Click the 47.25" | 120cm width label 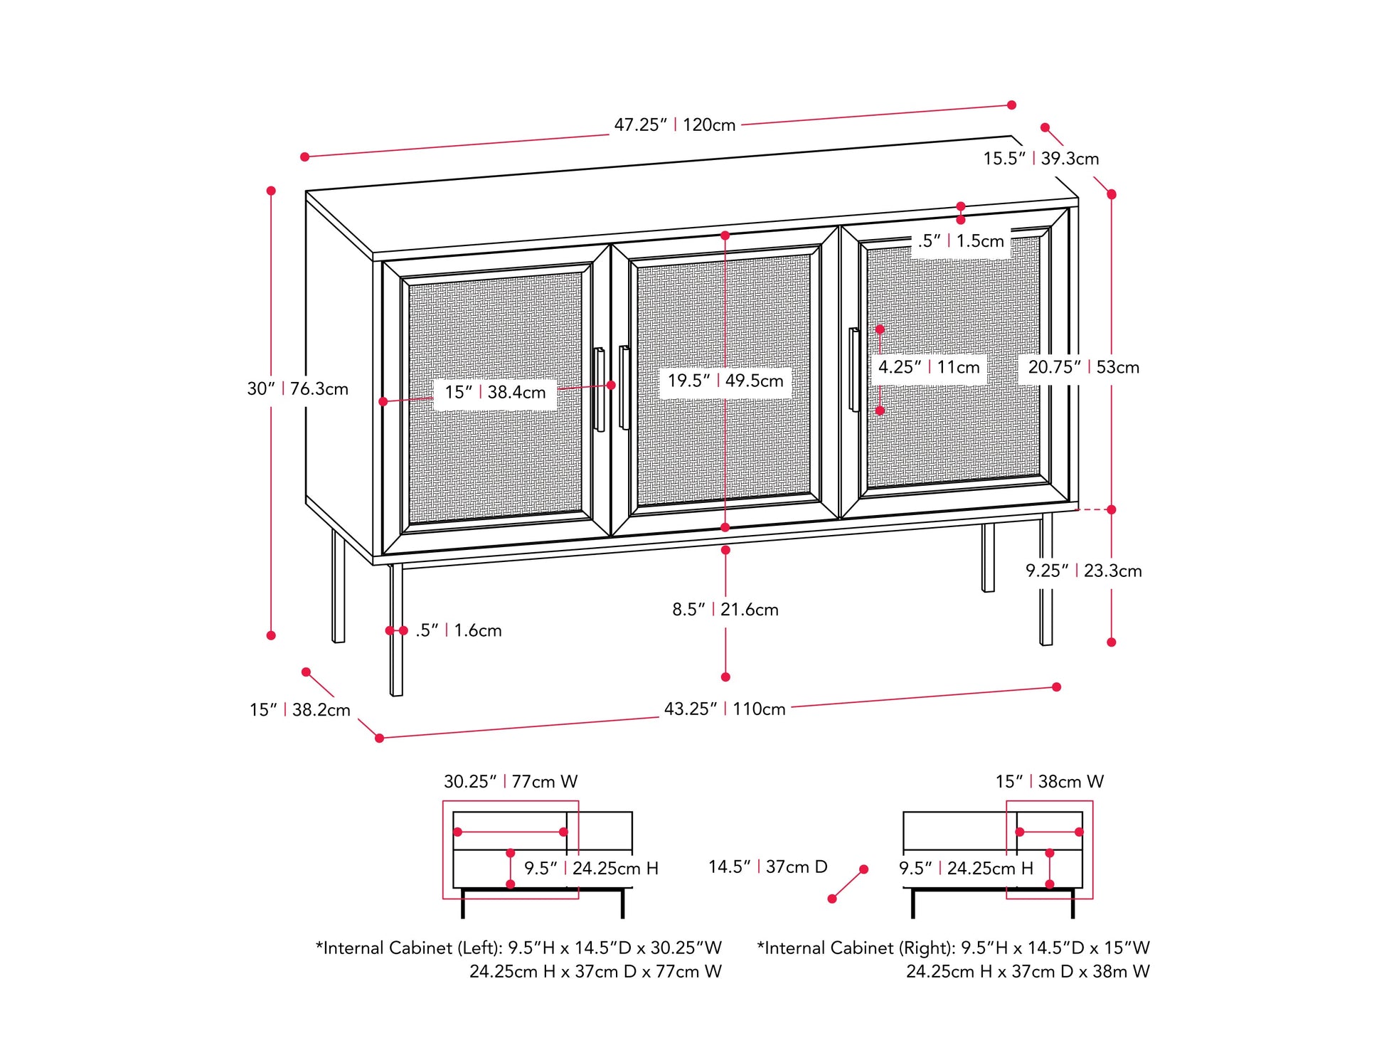(x=674, y=125)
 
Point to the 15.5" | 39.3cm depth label (x=1040, y=159)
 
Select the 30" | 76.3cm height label (x=297, y=389)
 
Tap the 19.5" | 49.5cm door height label (x=725, y=381)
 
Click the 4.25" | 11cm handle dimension (x=928, y=368)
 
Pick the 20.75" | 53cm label (x=1082, y=368)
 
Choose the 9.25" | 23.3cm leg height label (x=1082, y=571)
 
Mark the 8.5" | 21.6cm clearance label (x=725, y=610)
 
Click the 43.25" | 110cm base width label (x=724, y=709)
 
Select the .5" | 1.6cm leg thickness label (x=458, y=630)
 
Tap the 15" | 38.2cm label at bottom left (x=299, y=710)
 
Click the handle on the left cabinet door (x=600, y=390)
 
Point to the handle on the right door (x=853, y=370)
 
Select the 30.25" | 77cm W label (x=510, y=782)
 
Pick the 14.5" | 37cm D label (x=767, y=867)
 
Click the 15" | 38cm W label (x=1049, y=782)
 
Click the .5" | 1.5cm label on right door (x=960, y=241)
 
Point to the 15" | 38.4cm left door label (x=495, y=393)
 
